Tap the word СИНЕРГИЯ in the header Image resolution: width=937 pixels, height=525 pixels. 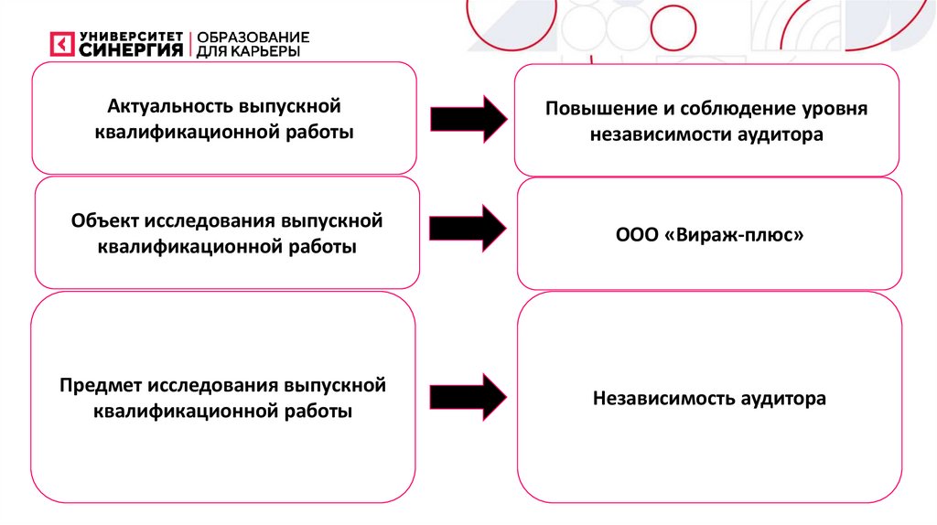tap(132, 50)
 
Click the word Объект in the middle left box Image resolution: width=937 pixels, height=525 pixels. tap(102, 221)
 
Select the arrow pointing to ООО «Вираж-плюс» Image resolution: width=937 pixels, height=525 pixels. tap(468, 229)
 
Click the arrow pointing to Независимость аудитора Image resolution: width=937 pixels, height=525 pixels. tap(468, 395)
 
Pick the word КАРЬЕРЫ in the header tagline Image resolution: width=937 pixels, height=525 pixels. tap(269, 51)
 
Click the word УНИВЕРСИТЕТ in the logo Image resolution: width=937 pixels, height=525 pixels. tap(132, 36)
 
